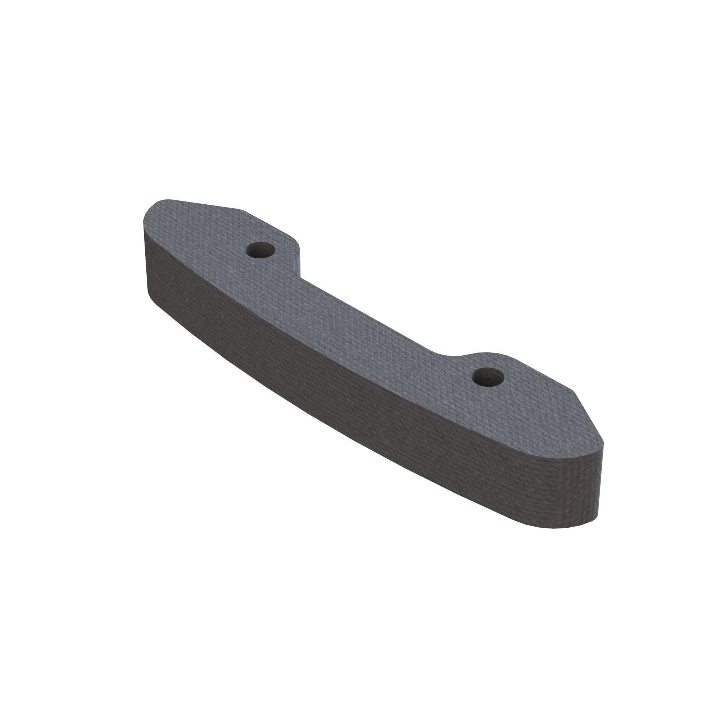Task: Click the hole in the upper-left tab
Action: [x=261, y=250]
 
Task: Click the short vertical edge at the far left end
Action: [x=144, y=256]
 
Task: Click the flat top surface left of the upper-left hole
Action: [x=205, y=234]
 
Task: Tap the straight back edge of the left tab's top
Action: [x=205, y=204]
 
